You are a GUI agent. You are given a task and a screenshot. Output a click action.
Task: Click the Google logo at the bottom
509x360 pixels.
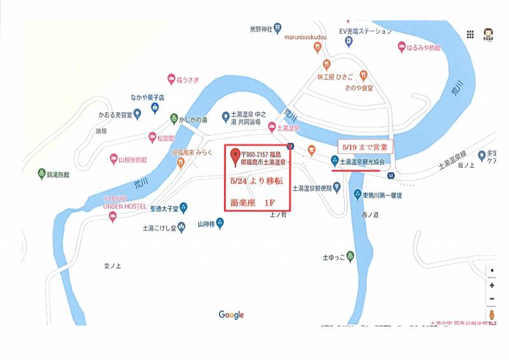coord(231,315)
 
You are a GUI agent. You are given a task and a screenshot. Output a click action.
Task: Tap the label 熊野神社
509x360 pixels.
coord(260,29)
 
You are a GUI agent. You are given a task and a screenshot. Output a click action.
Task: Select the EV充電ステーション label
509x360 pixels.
coord(365,31)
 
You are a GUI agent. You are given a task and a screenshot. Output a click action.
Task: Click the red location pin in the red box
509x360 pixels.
coord(235,155)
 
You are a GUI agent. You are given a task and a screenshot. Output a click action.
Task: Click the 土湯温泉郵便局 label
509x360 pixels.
coord(317,188)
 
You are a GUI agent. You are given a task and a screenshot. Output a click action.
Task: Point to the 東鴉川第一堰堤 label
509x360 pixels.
coord(382,195)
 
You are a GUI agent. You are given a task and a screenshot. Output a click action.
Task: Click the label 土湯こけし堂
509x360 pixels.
coord(158,227)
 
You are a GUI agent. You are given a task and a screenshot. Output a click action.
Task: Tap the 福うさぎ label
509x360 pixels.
coord(190,79)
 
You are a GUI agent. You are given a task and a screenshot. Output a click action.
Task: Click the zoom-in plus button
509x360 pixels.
coord(492,285)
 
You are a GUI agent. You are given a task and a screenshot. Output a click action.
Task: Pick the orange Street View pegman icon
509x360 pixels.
coord(492,314)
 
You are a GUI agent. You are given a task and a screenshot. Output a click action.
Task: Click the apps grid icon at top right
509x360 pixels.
coord(471,34)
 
